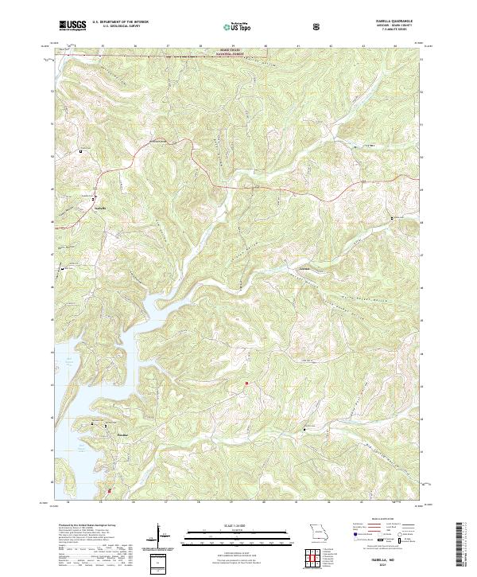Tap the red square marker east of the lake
tap(246, 384)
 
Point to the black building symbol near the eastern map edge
tap(390, 216)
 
